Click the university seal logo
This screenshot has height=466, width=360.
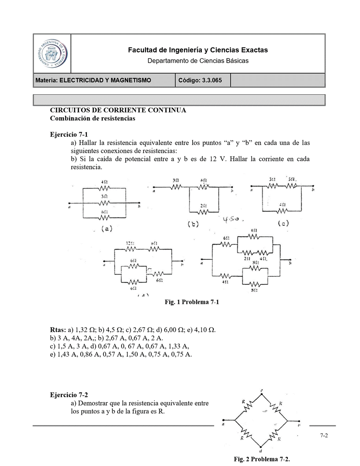pos(52,53)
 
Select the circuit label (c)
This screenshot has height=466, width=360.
pos(283,224)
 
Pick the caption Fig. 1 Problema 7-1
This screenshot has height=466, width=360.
pos(192,302)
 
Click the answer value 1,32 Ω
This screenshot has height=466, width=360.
pos(82,330)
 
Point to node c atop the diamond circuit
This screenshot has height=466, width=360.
pos(262,391)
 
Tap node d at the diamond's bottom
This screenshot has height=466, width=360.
pos(261,451)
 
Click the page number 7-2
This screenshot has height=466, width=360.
pos(324,436)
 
